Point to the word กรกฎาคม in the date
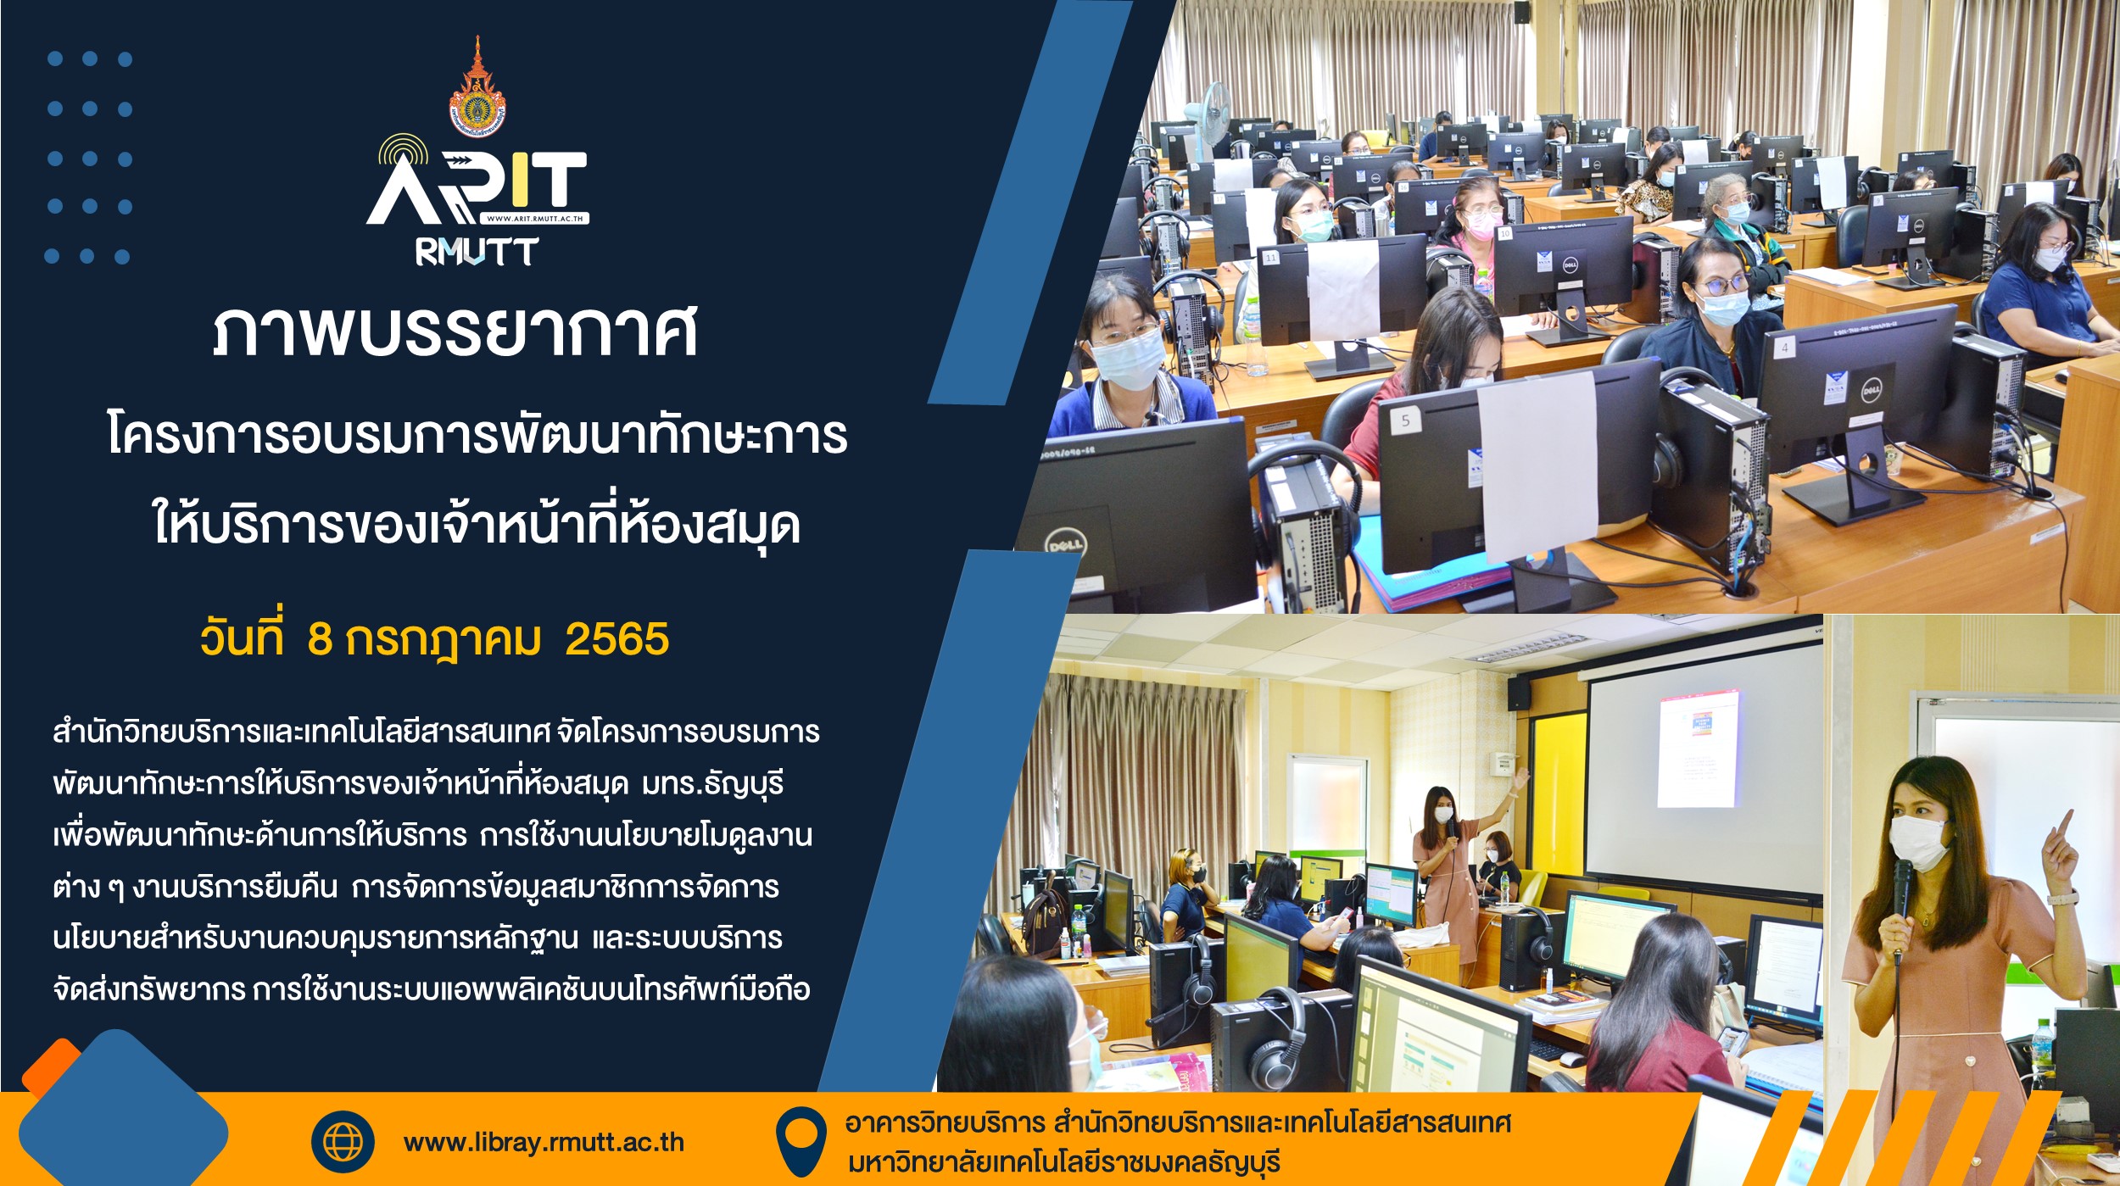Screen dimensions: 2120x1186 pyautogui.click(x=443, y=641)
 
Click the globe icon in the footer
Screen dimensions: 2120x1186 pyautogui.click(x=343, y=1141)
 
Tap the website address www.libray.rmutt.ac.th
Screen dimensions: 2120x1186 pyautogui.click(x=544, y=1142)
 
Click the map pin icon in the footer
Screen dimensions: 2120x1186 pyautogui.click(x=801, y=1141)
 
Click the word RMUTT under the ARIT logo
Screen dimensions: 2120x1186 pyautogui.click(x=477, y=251)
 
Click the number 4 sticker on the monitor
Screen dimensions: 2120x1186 pyautogui.click(x=1784, y=347)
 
